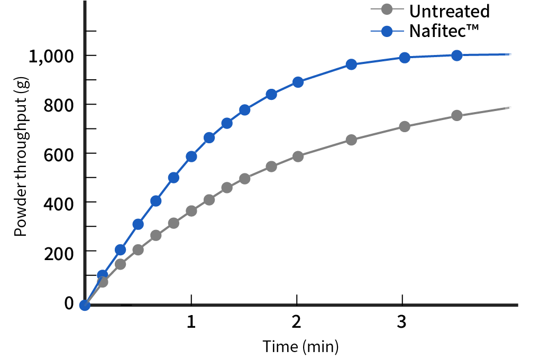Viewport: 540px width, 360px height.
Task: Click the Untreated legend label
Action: (x=450, y=11)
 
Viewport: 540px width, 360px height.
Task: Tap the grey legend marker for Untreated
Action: (x=387, y=10)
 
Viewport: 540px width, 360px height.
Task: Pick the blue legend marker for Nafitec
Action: (x=387, y=31)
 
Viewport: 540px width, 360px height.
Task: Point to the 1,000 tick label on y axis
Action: (x=51, y=56)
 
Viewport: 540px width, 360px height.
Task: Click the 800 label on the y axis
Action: (x=60, y=105)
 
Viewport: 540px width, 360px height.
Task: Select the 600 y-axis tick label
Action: (x=60, y=153)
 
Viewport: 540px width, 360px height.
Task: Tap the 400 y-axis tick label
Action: (x=60, y=202)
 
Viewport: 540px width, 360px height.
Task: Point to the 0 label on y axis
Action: (x=69, y=303)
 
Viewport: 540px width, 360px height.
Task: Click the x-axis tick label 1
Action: (x=191, y=321)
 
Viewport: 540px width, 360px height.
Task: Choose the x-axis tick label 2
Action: (x=297, y=321)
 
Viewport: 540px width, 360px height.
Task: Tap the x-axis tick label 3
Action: (x=402, y=321)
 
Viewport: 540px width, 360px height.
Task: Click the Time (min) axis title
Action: (x=300, y=347)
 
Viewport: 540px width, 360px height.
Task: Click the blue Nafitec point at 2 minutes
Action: (x=298, y=82)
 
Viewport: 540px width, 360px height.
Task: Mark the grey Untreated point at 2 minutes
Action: (x=298, y=156)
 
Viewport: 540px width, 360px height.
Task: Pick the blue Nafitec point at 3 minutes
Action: (x=405, y=58)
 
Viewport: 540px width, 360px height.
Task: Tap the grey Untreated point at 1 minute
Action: (x=191, y=210)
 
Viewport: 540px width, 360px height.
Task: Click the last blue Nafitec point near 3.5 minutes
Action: (x=457, y=56)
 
